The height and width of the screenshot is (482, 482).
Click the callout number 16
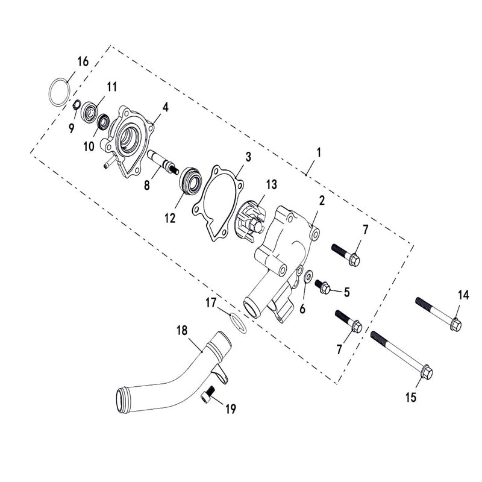(x=83, y=61)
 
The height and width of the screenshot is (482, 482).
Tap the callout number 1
(x=319, y=152)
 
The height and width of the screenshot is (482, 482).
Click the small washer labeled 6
(x=308, y=277)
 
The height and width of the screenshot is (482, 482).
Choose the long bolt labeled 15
(x=401, y=352)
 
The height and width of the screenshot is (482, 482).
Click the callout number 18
(x=182, y=330)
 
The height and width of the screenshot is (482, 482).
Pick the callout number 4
(x=164, y=107)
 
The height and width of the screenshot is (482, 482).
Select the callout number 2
(x=322, y=201)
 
